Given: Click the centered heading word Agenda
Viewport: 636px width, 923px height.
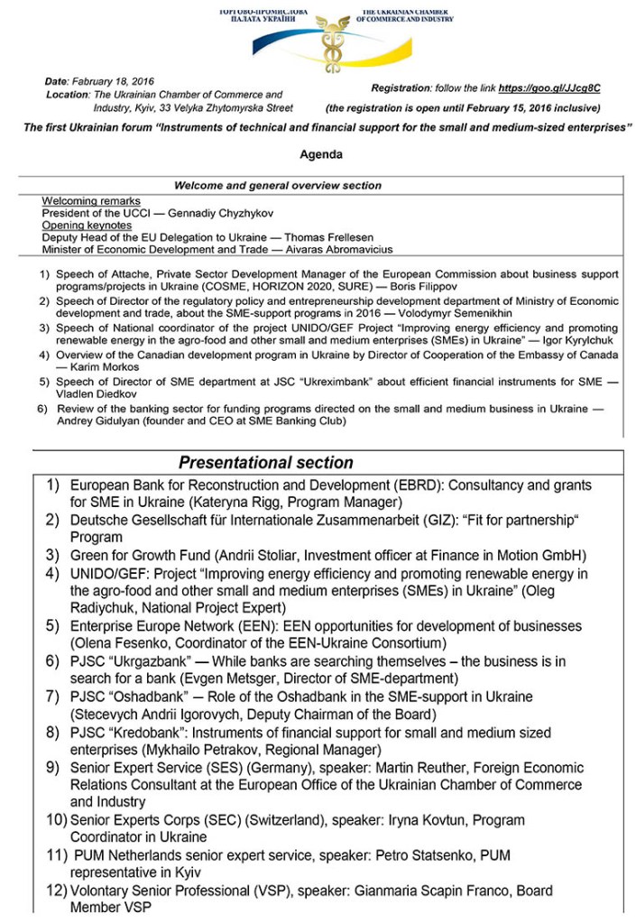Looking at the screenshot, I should pyautogui.click(x=321, y=154).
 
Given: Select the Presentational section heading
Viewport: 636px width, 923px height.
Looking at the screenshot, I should pyautogui.click(x=265, y=463).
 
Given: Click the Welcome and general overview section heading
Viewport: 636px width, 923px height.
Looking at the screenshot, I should pyautogui.click(x=277, y=186).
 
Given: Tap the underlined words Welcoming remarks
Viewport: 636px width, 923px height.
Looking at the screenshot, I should pyautogui.click(x=91, y=199).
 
